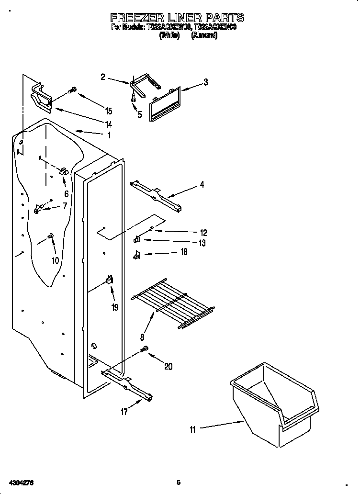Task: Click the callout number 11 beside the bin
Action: click(192, 430)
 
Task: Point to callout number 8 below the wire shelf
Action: click(142, 337)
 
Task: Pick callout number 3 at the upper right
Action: click(205, 82)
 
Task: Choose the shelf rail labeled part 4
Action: click(156, 195)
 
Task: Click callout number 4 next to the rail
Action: click(202, 184)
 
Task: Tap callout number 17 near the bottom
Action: click(124, 412)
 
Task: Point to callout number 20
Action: click(168, 367)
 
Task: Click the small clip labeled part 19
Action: click(109, 281)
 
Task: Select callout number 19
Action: click(115, 307)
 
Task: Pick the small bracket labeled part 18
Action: click(136, 255)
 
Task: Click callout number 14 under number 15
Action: click(109, 124)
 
